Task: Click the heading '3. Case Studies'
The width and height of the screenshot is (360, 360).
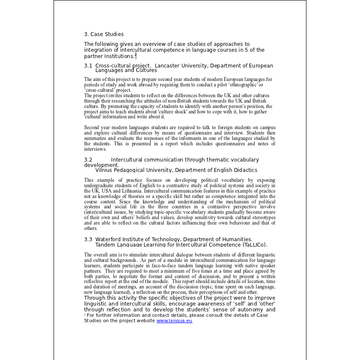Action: pos(103,34)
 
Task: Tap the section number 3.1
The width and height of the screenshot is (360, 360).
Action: pos(88,66)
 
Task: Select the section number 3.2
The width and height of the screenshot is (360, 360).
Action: pos(88,160)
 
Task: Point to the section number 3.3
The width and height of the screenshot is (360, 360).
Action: pos(88,239)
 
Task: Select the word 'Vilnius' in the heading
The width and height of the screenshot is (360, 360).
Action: pos(104,171)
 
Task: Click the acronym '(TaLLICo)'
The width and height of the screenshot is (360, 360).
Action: pos(255,245)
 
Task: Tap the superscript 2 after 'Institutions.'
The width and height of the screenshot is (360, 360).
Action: pos(135,54)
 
